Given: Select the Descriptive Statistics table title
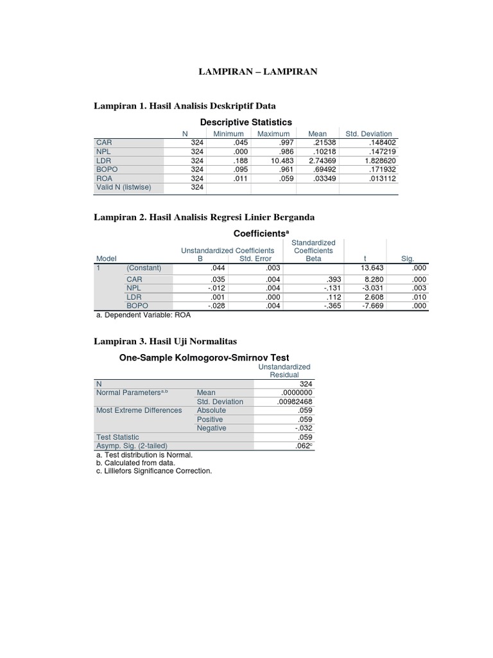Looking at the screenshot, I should [x=246, y=122].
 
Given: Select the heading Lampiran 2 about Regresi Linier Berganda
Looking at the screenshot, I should [x=205, y=218].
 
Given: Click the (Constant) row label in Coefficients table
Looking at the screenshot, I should [x=144, y=268].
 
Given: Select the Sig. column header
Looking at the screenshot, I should [x=408, y=258].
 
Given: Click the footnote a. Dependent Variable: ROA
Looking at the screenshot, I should [x=143, y=316].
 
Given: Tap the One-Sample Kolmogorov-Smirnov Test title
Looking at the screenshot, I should [x=205, y=357].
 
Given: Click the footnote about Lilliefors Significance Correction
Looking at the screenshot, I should [x=153, y=471].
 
